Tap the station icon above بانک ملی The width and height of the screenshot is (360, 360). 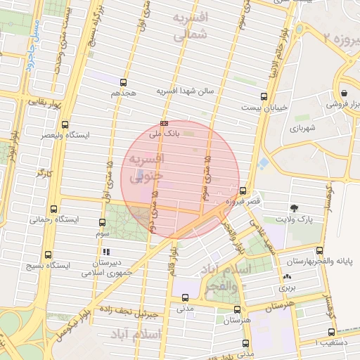(x=164, y=123)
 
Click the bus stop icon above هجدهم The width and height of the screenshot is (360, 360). (x=124, y=82)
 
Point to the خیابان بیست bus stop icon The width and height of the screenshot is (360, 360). (x=264, y=97)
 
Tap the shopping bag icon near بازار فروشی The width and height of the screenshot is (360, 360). (x=344, y=92)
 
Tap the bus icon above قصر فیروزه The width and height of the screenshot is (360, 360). (x=243, y=191)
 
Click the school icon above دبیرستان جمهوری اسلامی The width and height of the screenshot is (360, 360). (x=106, y=251)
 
